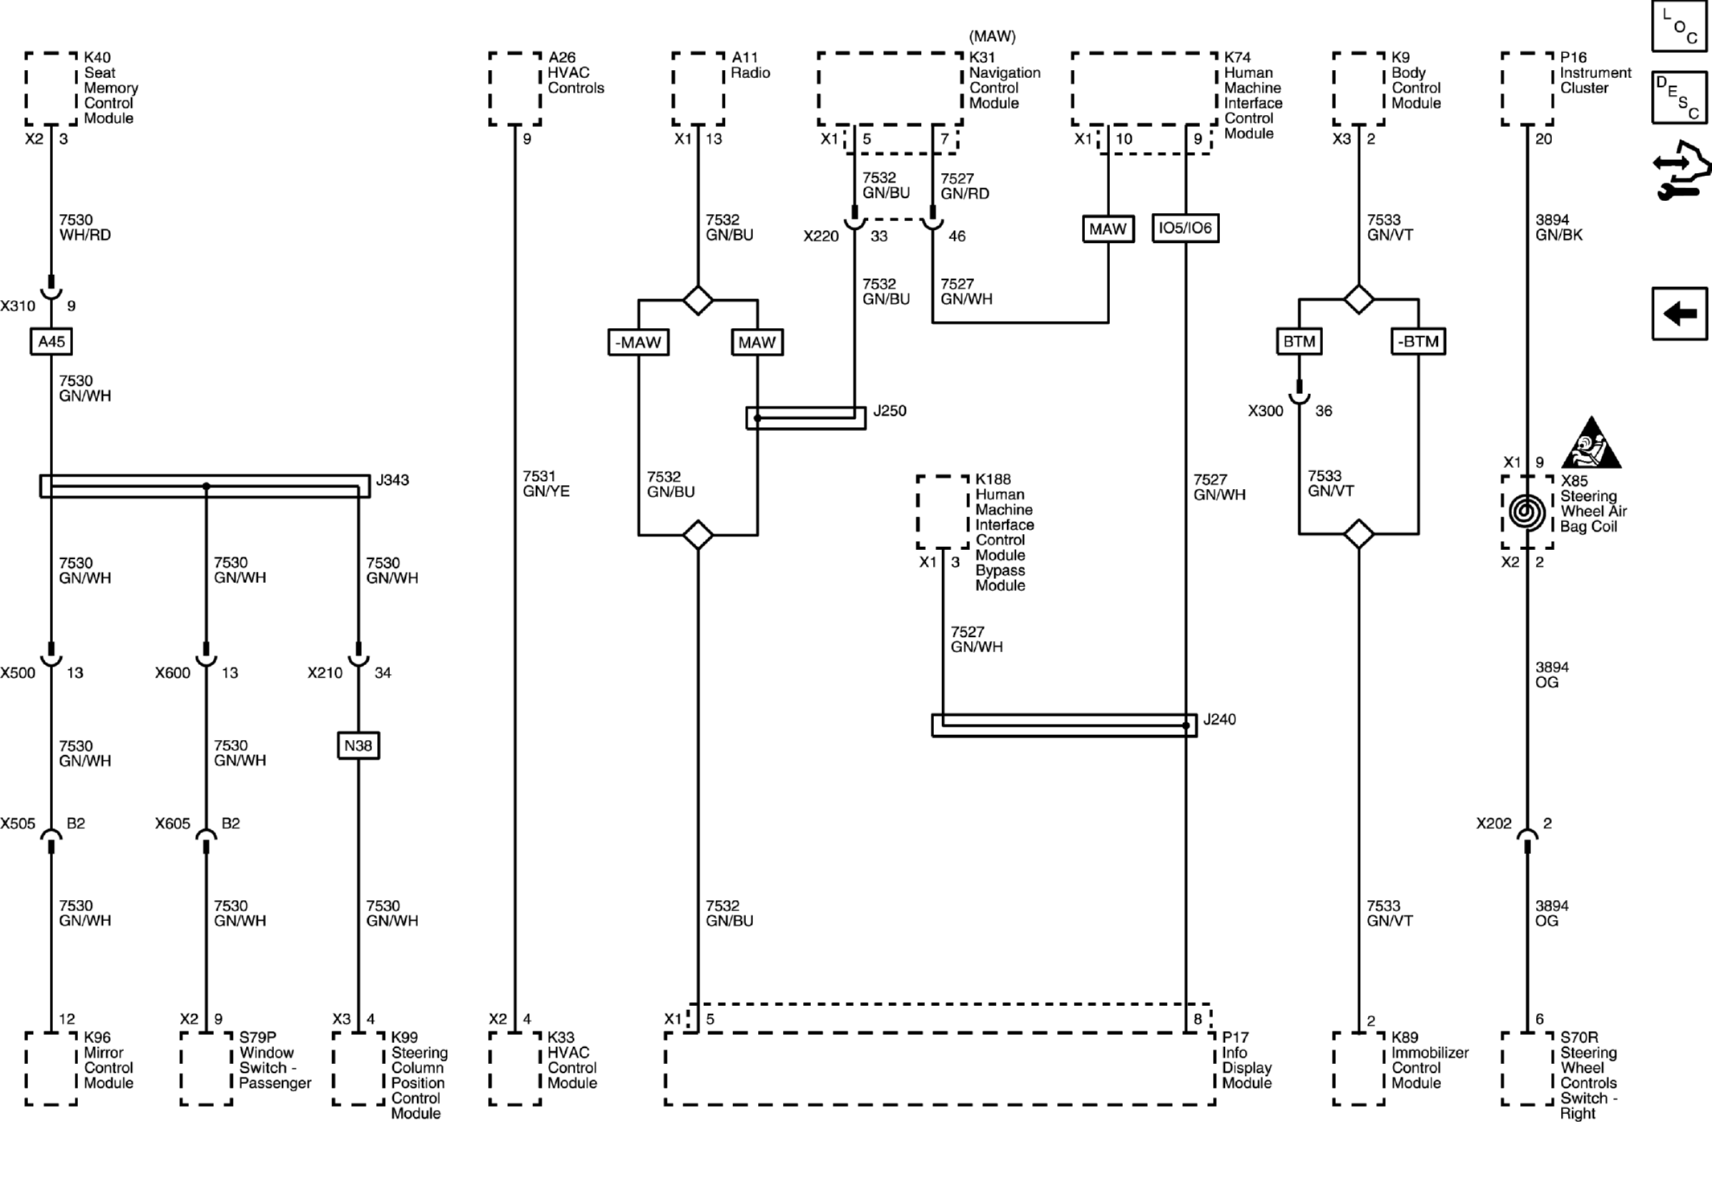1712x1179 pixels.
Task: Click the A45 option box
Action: click(51, 342)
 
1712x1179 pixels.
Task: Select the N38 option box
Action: click(358, 746)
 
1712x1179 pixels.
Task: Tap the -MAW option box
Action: click(638, 343)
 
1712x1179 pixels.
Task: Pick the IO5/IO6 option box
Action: click(1186, 228)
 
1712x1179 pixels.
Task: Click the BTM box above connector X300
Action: click(1299, 342)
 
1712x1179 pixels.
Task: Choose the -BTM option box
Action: click(1418, 342)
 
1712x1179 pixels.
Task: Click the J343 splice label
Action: click(392, 480)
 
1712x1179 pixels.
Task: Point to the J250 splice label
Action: click(890, 411)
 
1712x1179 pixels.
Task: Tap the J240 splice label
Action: click(1219, 719)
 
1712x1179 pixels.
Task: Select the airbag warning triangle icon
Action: click(1591, 443)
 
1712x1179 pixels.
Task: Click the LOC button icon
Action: click(1679, 27)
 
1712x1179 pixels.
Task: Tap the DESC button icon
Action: click(1679, 97)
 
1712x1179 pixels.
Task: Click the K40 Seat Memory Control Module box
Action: click(51, 89)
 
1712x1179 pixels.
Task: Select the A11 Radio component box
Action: click(698, 89)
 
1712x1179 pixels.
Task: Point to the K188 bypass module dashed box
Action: click(943, 512)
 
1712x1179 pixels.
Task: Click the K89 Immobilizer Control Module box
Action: click(1359, 1069)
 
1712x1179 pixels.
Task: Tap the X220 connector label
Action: click(821, 236)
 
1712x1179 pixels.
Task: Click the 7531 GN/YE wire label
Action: click(546, 484)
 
